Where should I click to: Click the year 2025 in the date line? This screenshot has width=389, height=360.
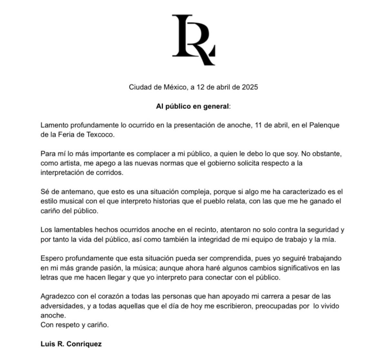[x=250, y=87]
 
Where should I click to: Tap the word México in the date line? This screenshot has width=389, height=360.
[x=176, y=87]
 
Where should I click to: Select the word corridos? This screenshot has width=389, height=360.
[x=108, y=173]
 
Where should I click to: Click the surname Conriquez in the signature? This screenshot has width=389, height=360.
[x=84, y=344]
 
